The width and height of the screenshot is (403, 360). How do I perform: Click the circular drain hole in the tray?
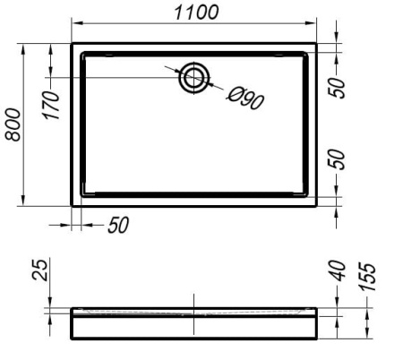tap(193, 78)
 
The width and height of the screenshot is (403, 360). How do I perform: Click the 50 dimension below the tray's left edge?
tap(117, 225)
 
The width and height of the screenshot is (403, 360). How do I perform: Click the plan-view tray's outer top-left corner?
tap(72, 41)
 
